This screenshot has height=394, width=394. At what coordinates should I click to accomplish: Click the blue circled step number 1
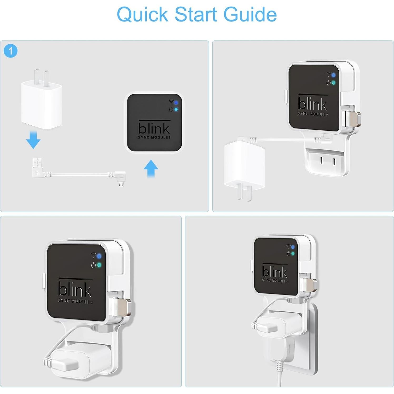click(x=11, y=51)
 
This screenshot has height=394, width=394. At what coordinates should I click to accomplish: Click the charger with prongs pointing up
click(x=42, y=103)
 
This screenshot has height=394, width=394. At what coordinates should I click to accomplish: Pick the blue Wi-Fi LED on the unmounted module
click(x=176, y=103)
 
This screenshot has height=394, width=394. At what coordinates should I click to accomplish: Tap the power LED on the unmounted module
click(x=176, y=109)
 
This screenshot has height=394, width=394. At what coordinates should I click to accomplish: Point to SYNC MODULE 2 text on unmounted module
click(x=154, y=137)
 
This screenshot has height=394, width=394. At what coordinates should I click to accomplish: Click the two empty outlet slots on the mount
click(x=327, y=161)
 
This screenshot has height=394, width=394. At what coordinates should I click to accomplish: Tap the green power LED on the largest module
click(x=99, y=265)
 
